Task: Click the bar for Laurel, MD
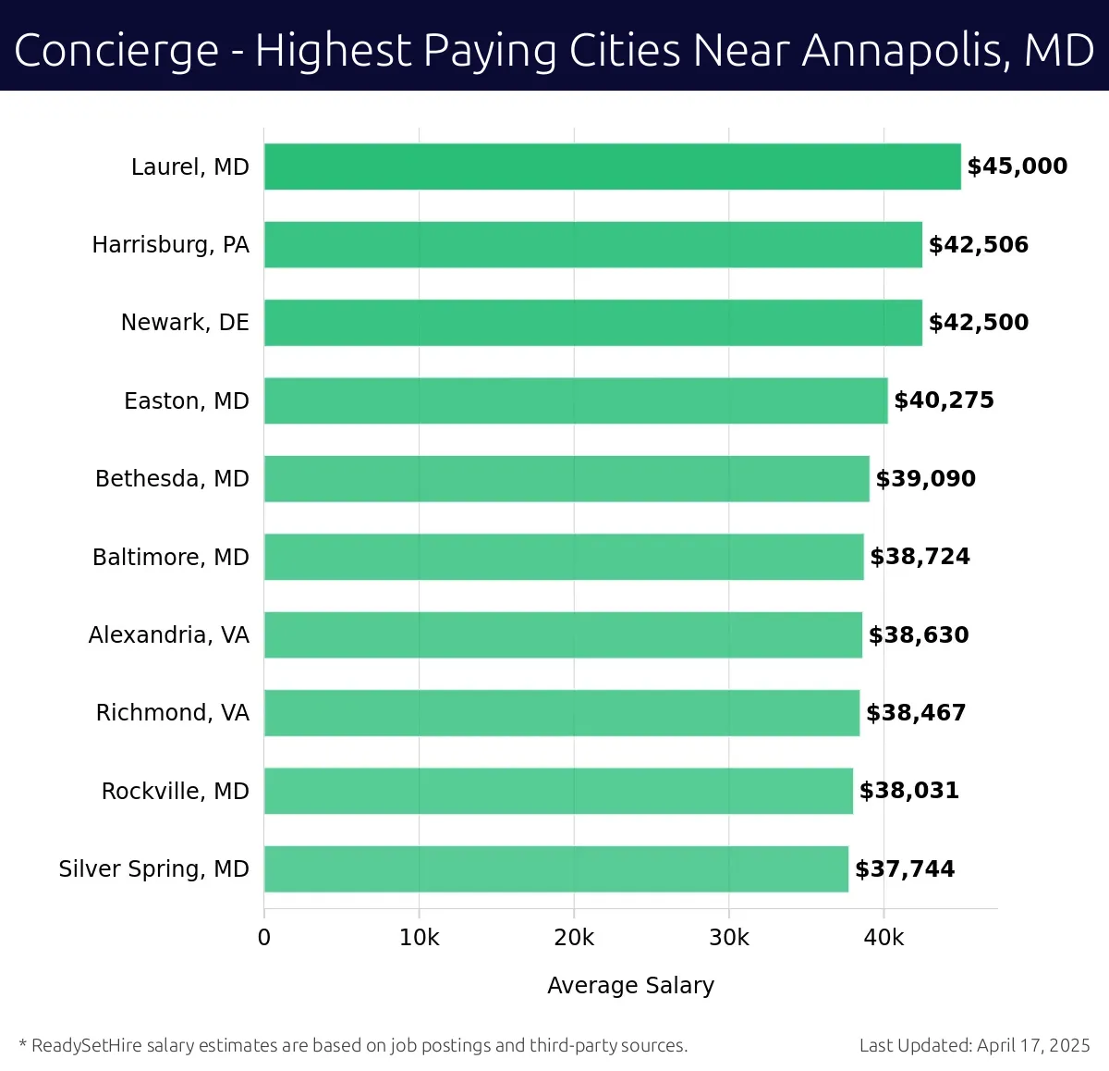[612, 166]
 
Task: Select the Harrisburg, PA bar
[592, 244]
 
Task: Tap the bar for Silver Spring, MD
[555, 868]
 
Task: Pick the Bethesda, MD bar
[567, 478]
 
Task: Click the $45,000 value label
[1017, 166]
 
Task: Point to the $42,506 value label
[978, 244]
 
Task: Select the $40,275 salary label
[944, 400]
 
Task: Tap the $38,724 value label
[920, 557]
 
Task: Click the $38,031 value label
[908, 791]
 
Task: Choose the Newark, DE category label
[185, 323]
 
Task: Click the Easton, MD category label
[187, 400]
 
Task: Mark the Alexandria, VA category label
[169, 634]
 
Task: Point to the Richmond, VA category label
[173, 713]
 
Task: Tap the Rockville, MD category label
[176, 791]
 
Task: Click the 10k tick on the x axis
[419, 938]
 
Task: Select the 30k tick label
[728, 938]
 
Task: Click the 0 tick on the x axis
[264, 938]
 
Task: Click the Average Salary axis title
[630, 985]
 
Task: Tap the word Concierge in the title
[116, 51]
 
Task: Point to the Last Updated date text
[974, 1045]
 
